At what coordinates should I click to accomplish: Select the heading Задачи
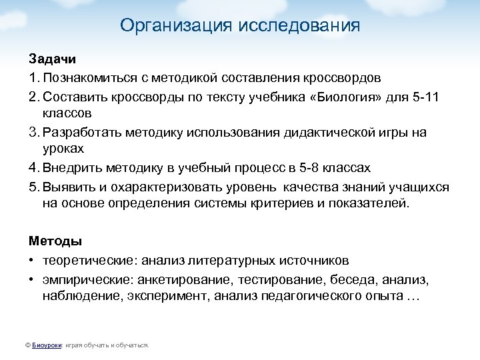pos(48,60)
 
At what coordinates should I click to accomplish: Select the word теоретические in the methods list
pos(87,260)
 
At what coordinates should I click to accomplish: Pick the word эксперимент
pos(169,296)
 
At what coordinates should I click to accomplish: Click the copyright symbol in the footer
pos(27,346)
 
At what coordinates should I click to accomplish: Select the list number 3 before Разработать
pos(32,133)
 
